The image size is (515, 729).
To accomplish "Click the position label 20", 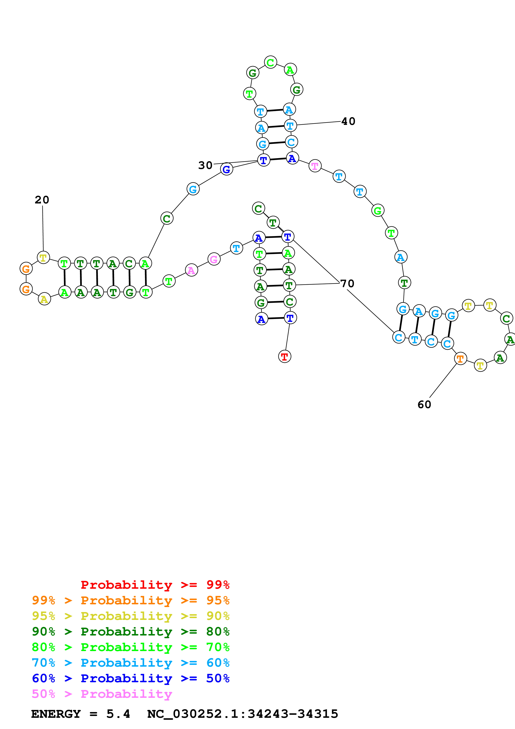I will pyautogui.click(x=42, y=200).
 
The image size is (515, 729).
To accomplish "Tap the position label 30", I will pyautogui.click(x=205, y=165).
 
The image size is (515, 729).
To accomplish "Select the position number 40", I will pyautogui.click(x=348, y=121).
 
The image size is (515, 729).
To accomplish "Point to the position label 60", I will pyautogui.click(x=424, y=405).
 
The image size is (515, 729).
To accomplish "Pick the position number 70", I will pyautogui.click(x=347, y=283).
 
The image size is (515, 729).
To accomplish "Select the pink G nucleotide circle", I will pyautogui.click(x=214, y=259).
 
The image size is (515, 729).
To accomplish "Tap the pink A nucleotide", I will pyautogui.click(x=191, y=270).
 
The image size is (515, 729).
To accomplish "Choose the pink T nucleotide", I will pyautogui.click(x=315, y=166).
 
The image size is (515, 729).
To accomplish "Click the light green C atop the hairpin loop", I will pyautogui.click(x=270, y=62).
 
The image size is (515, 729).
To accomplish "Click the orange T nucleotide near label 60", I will pyautogui.click(x=460, y=359).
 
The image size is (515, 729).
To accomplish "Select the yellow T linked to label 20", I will pyautogui.click(x=43, y=257).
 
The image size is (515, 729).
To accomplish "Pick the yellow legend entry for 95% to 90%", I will pyautogui.click(x=131, y=616).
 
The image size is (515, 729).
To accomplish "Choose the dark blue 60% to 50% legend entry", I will pyautogui.click(x=131, y=678).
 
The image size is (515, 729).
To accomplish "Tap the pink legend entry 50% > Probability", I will pyautogui.click(x=102, y=694).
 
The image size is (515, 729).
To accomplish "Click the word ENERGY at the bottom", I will pyautogui.click(x=56, y=714).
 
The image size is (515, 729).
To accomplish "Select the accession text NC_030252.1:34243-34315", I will pyautogui.click(x=243, y=714).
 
